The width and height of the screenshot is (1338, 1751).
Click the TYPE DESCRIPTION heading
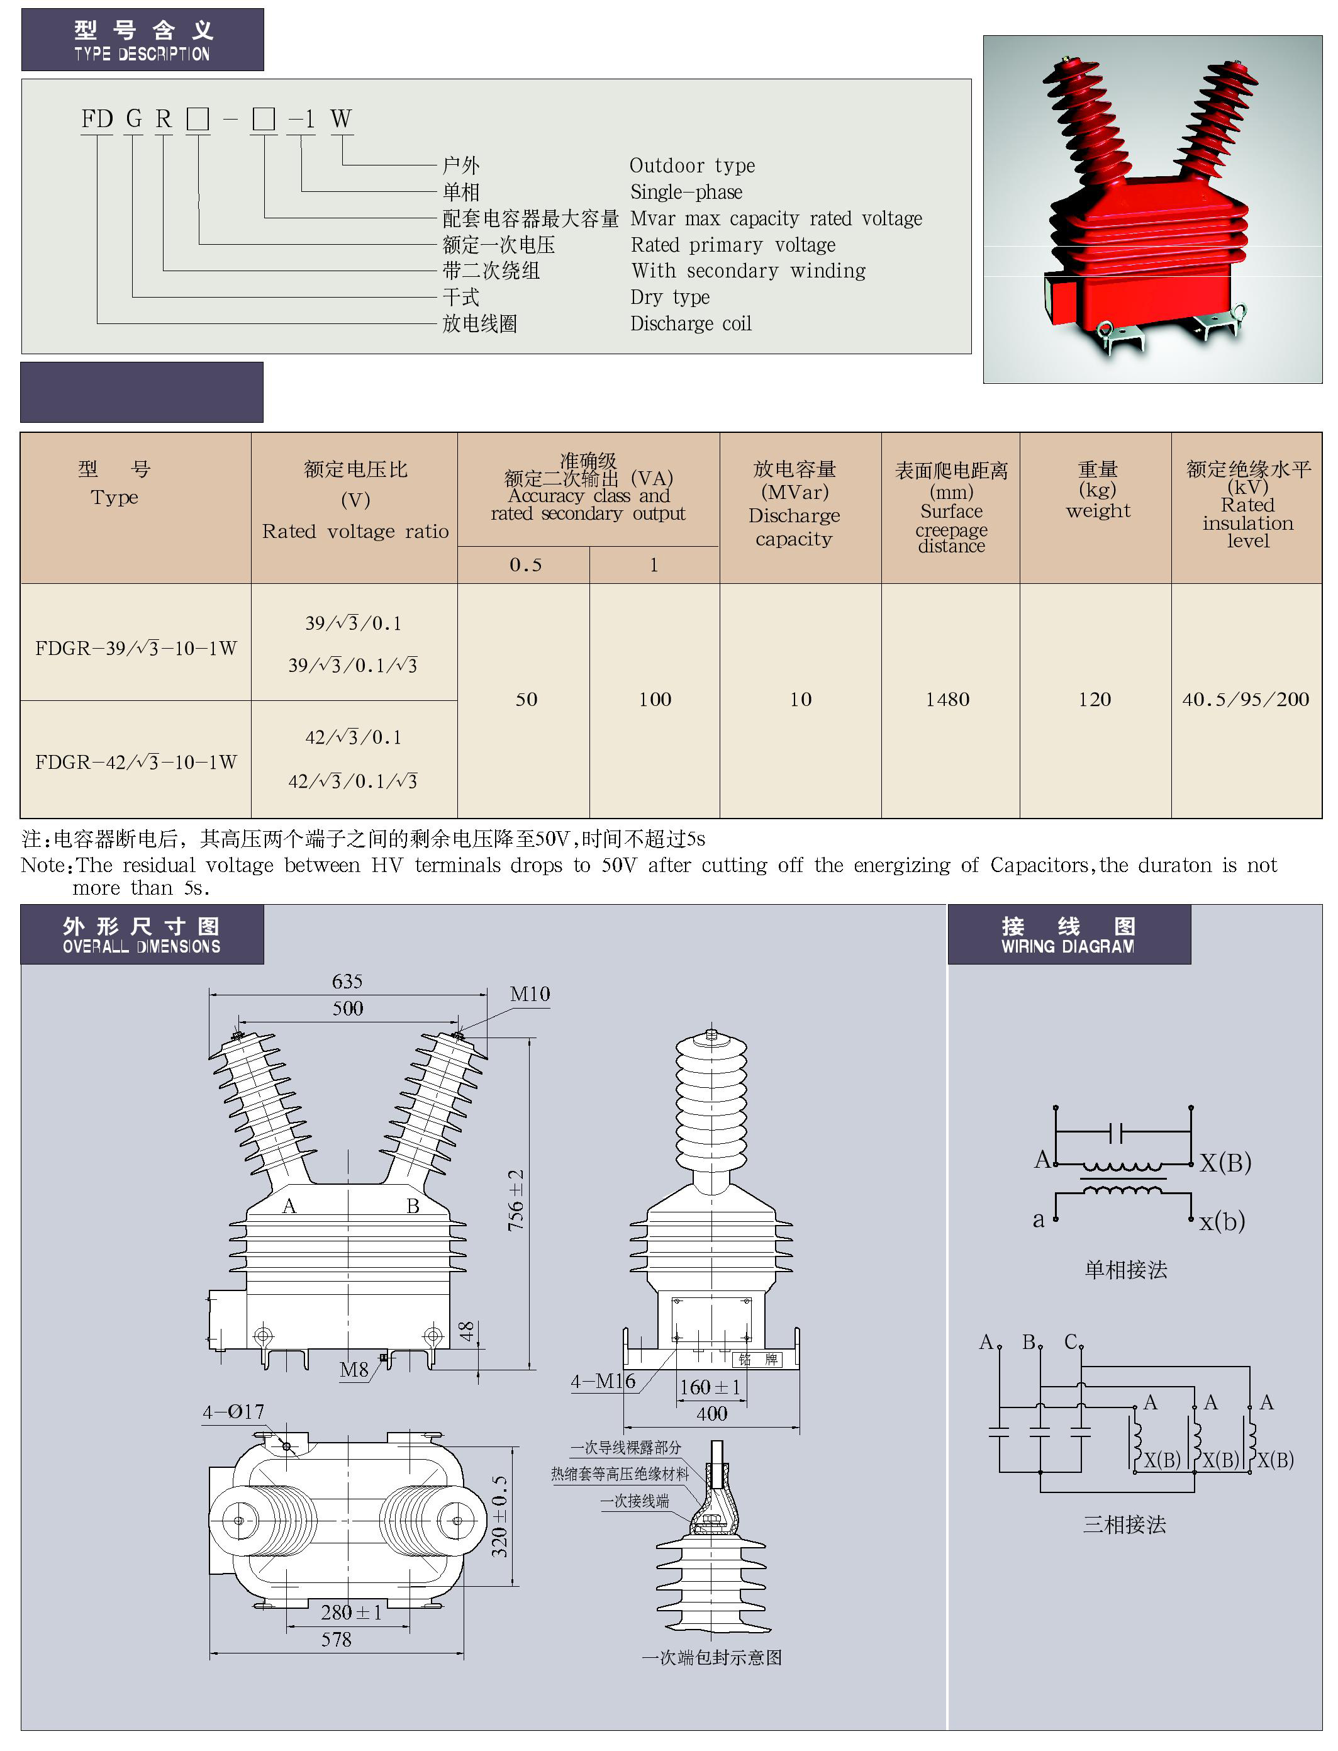(142, 53)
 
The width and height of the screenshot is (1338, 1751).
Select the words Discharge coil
(691, 323)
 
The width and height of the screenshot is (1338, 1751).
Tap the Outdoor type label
(692, 165)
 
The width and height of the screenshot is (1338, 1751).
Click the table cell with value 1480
(948, 700)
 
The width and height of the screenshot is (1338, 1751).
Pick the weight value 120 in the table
(1095, 700)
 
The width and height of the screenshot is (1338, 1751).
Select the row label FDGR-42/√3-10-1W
(136, 763)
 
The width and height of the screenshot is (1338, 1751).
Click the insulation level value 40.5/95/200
(1246, 700)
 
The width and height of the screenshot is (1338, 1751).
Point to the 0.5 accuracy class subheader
(526, 565)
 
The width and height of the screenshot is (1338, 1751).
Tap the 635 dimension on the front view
(347, 982)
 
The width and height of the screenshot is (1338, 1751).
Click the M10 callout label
(530, 994)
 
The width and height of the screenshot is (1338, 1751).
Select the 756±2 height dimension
(516, 1200)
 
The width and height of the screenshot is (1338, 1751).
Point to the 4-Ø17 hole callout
(233, 1412)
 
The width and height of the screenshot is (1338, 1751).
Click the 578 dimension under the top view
(336, 1640)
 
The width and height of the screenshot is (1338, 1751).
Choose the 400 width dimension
(712, 1413)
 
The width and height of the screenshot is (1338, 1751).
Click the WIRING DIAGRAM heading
(1068, 946)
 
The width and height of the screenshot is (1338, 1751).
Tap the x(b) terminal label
(1222, 1221)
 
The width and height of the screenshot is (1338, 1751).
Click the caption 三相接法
(1125, 1524)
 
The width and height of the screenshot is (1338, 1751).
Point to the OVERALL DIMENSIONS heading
(142, 946)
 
